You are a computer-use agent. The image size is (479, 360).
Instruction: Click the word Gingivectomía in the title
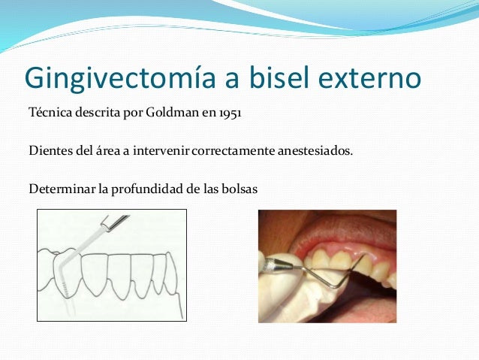pos(116,77)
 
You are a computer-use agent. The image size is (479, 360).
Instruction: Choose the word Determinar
pos(60,187)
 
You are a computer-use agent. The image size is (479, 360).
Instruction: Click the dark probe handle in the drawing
pos(113,220)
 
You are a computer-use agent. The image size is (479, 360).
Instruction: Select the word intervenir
pos(163,151)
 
